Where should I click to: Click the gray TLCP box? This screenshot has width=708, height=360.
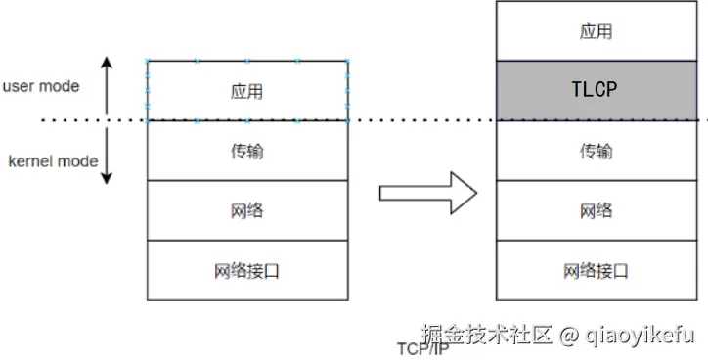pyautogui.click(x=595, y=91)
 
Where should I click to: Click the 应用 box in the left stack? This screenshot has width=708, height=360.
pyautogui.click(x=247, y=91)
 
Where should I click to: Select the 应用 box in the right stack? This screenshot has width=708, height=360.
pyautogui.click(x=595, y=31)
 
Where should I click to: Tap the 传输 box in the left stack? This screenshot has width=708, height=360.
pyautogui.click(x=247, y=151)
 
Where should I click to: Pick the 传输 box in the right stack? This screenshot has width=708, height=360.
pyautogui.click(x=595, y=151)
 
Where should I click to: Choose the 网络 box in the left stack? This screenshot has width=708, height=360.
pyautogui.click(x=247, y=210)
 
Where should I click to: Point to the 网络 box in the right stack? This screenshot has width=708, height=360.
pyautogui.click(x=595, y=210)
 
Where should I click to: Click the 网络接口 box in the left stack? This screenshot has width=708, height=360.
pyautogui.click(x=247, y=270)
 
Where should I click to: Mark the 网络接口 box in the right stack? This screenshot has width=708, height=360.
pyautogui.click(x=595, y=270)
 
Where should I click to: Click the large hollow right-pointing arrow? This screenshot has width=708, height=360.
pyautogui.click(x=426, y=193)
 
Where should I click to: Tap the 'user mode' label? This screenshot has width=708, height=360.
pyautogui.click(x=40, y=86)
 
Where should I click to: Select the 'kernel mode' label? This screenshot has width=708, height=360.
pyautogui.click(x=53, y=160)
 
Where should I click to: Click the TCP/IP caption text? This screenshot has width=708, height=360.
pyautogui.click(x=423, y=348)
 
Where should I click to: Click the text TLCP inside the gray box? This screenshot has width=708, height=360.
pyautogui.click(x=595, y=91)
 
